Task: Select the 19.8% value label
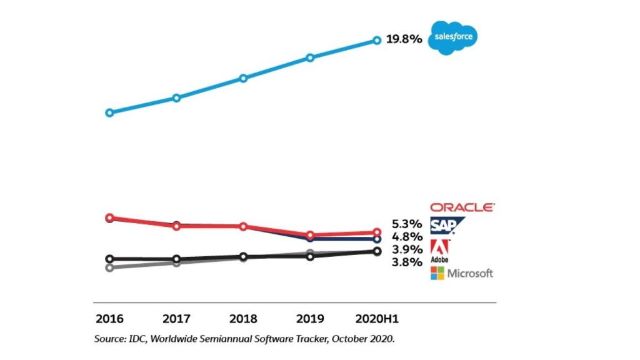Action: click(404, 39)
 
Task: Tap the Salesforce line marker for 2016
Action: click(110, 113)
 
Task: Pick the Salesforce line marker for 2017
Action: click(176, 97)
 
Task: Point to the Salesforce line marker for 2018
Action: click(243, 78)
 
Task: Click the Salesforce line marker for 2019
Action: click(310, 57)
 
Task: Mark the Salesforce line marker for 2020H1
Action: click(377, 41)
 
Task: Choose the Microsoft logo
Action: click(462, 273)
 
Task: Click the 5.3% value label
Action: click(407, 224)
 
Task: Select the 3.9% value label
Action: click(407, 250)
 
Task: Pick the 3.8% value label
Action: click(407, 262)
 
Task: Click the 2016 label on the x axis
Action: click(109, 319)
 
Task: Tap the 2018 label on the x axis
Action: click(243, 319)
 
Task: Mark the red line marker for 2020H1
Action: click(377, 232)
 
